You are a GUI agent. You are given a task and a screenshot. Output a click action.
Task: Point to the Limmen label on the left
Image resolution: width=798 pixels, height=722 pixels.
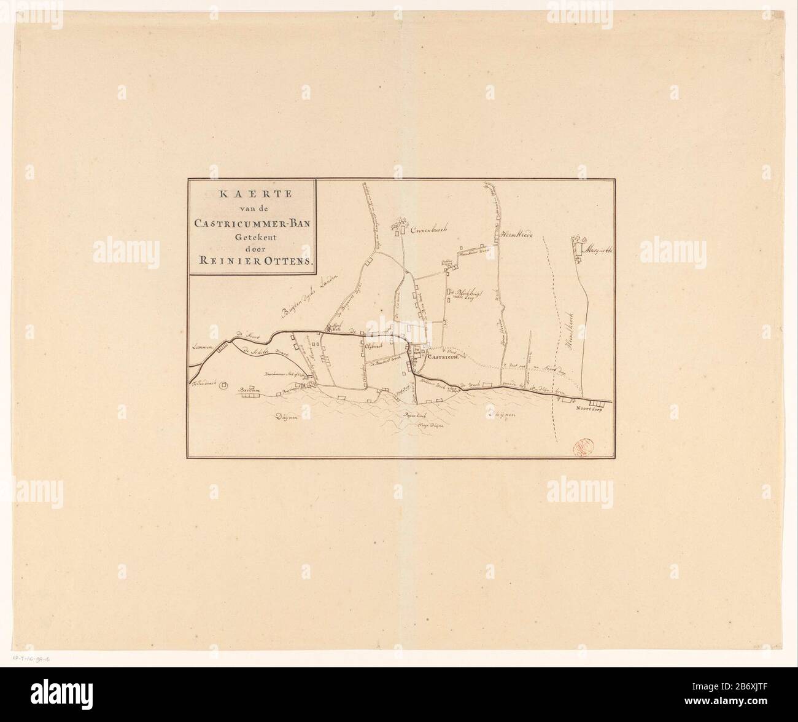click(201, 348)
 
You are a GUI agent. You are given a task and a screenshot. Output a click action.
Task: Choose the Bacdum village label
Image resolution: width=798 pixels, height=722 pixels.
click(247, 389)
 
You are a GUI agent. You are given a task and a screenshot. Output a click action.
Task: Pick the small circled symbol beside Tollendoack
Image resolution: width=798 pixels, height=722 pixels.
click(224, 385)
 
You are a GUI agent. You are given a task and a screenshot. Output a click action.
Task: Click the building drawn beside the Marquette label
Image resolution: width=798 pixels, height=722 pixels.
click(578, 248)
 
